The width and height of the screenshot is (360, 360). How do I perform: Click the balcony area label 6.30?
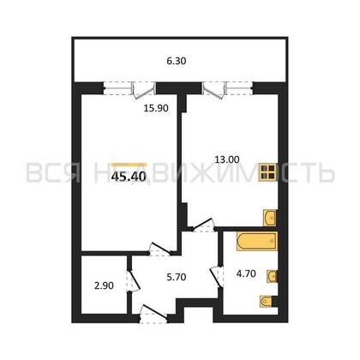pyautogui.click(x=177, y=61)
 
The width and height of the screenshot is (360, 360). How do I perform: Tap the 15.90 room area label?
pyautogui.click(x=156, y=108)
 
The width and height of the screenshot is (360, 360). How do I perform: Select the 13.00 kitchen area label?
pyautogui.click(x=227, y=159)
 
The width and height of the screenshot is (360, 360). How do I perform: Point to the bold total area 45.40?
pyautogui.click(x=129, y=177)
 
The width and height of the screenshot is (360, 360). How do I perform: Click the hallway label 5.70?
pyautogui.click(x=177, y=277)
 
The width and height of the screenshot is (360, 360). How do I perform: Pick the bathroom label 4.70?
pyautogui.click(x=246, y=273)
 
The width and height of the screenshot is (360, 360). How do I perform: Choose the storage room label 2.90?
pyautogui.click(x=104, y=285)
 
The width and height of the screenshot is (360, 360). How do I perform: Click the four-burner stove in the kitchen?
pyautogui.click(x=268, y=172)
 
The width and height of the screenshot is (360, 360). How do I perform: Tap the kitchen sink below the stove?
pyautogui.click(x=270, y=218)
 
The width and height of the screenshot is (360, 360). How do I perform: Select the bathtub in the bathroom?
pyautogui.click(x=257, y=242)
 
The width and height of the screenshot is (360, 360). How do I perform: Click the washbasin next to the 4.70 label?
pyautogui.click(x=272, y=276)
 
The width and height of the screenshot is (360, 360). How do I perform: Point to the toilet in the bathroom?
pyautogui.click(x=267, y=302)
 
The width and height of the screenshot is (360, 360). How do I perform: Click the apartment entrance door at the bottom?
pyautogui.click(x=154, y=315)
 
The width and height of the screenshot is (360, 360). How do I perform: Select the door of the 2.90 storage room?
pyautogui.click(x=133, y=280)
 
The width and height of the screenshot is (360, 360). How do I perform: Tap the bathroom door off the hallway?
pyautogui.click(x=216, y=277)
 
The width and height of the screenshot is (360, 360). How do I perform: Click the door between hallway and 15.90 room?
pyautogui.click(x=159, y=249)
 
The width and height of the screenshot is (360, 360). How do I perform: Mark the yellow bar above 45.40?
pyautogui.click(x=129, y=165)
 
